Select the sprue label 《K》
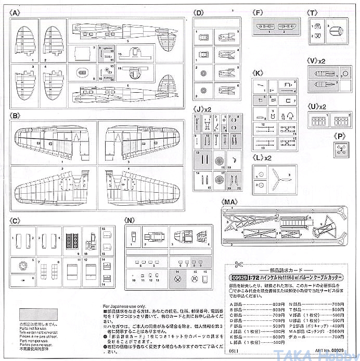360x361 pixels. [x=258, y=72]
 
